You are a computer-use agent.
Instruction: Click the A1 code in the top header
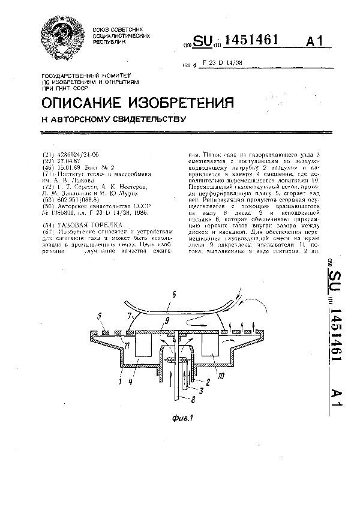[314, 41]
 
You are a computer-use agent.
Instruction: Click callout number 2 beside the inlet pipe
[208, 380]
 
